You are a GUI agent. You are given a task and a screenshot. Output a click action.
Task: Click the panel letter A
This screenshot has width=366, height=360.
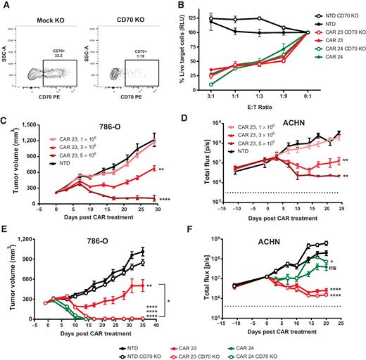5,6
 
